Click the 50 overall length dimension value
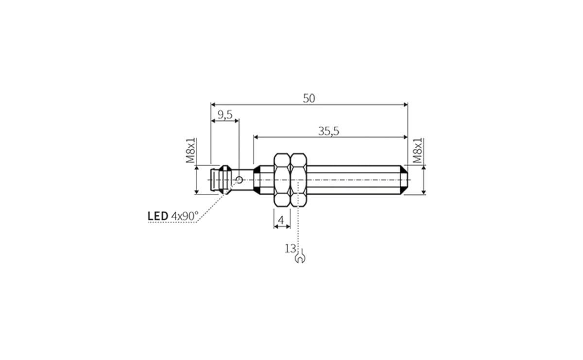(x=309, y=98)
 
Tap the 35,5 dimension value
(x=329, y=131)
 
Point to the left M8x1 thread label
(x=191, y=150)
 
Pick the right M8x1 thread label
(x=417, y=151)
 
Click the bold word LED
(x=158, y=215)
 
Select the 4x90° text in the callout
(x=185, y=215)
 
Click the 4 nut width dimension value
(x=281, y=221)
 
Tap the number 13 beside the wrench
(x=290, y=248)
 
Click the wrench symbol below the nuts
(x=300, y=257)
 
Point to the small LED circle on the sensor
(x=239, y=180)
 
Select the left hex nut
(x=282, y=180)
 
